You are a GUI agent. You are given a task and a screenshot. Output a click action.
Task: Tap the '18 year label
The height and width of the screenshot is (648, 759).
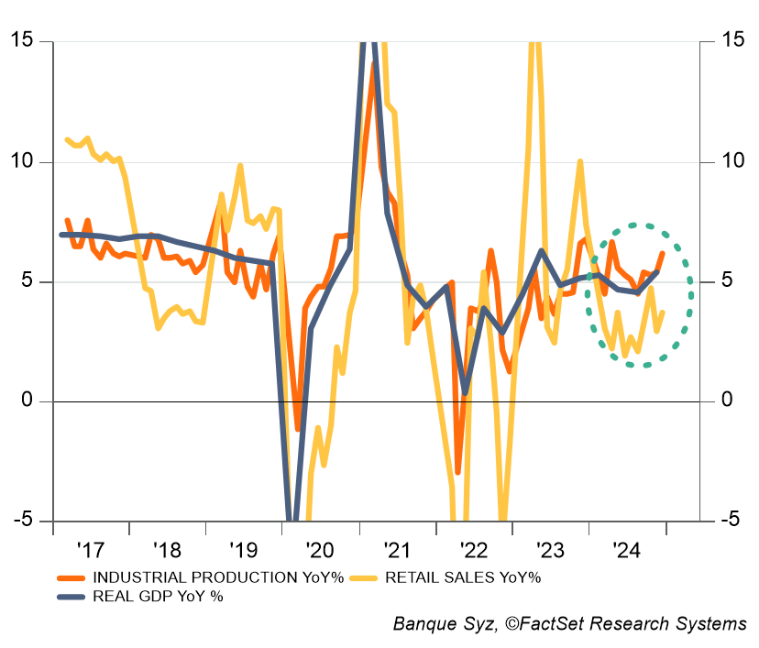pyautogui.click(x=168, y=550)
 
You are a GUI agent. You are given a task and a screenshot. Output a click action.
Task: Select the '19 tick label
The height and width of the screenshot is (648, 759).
pyautogui.click(x=244, y=550)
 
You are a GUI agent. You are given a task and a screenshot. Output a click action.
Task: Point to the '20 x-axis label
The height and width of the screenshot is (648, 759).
pyautogui.click(x=321, y=550)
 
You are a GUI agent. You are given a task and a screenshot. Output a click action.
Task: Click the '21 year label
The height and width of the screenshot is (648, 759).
pyautogui.click(x=397, y=550)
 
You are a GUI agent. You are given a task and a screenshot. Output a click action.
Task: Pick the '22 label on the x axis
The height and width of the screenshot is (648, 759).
pyautogui.click(x=474, y=550)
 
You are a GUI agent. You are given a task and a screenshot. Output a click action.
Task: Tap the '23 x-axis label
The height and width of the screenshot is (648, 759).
pyautogui.click(x=550, y=550)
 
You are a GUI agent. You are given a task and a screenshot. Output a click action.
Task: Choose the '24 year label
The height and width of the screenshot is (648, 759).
pyautogui.click(x=627, y=550)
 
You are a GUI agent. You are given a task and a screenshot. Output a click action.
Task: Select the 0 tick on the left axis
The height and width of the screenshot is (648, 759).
pyautogui.click(x=29, y=401)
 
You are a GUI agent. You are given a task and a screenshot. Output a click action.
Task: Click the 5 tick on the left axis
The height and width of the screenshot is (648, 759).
pyautogui.click(x=29, y=281)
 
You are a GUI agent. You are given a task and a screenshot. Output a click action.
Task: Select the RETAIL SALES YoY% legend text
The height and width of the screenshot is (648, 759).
pyautogui.click(x=463, y=577)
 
